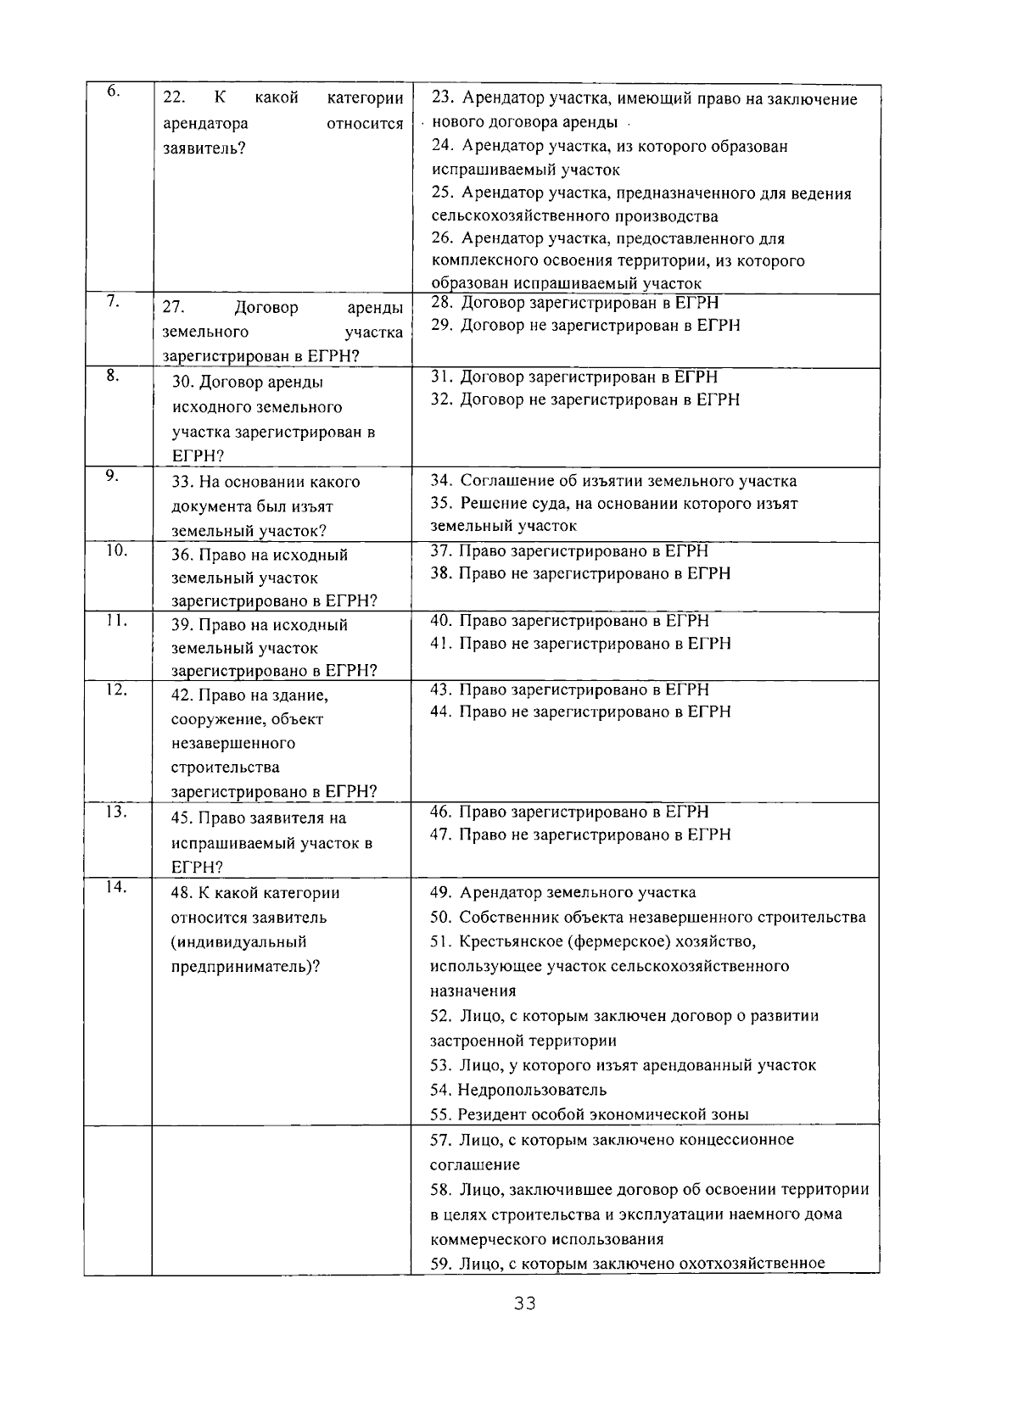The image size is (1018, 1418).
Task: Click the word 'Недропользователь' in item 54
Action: pyautogui.click(x=532, y=1090)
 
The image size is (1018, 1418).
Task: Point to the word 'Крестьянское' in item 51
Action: pyautogui.click(x=510, y=941)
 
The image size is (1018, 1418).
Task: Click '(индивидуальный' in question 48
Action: pyautogui.click(x=239, y=941)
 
